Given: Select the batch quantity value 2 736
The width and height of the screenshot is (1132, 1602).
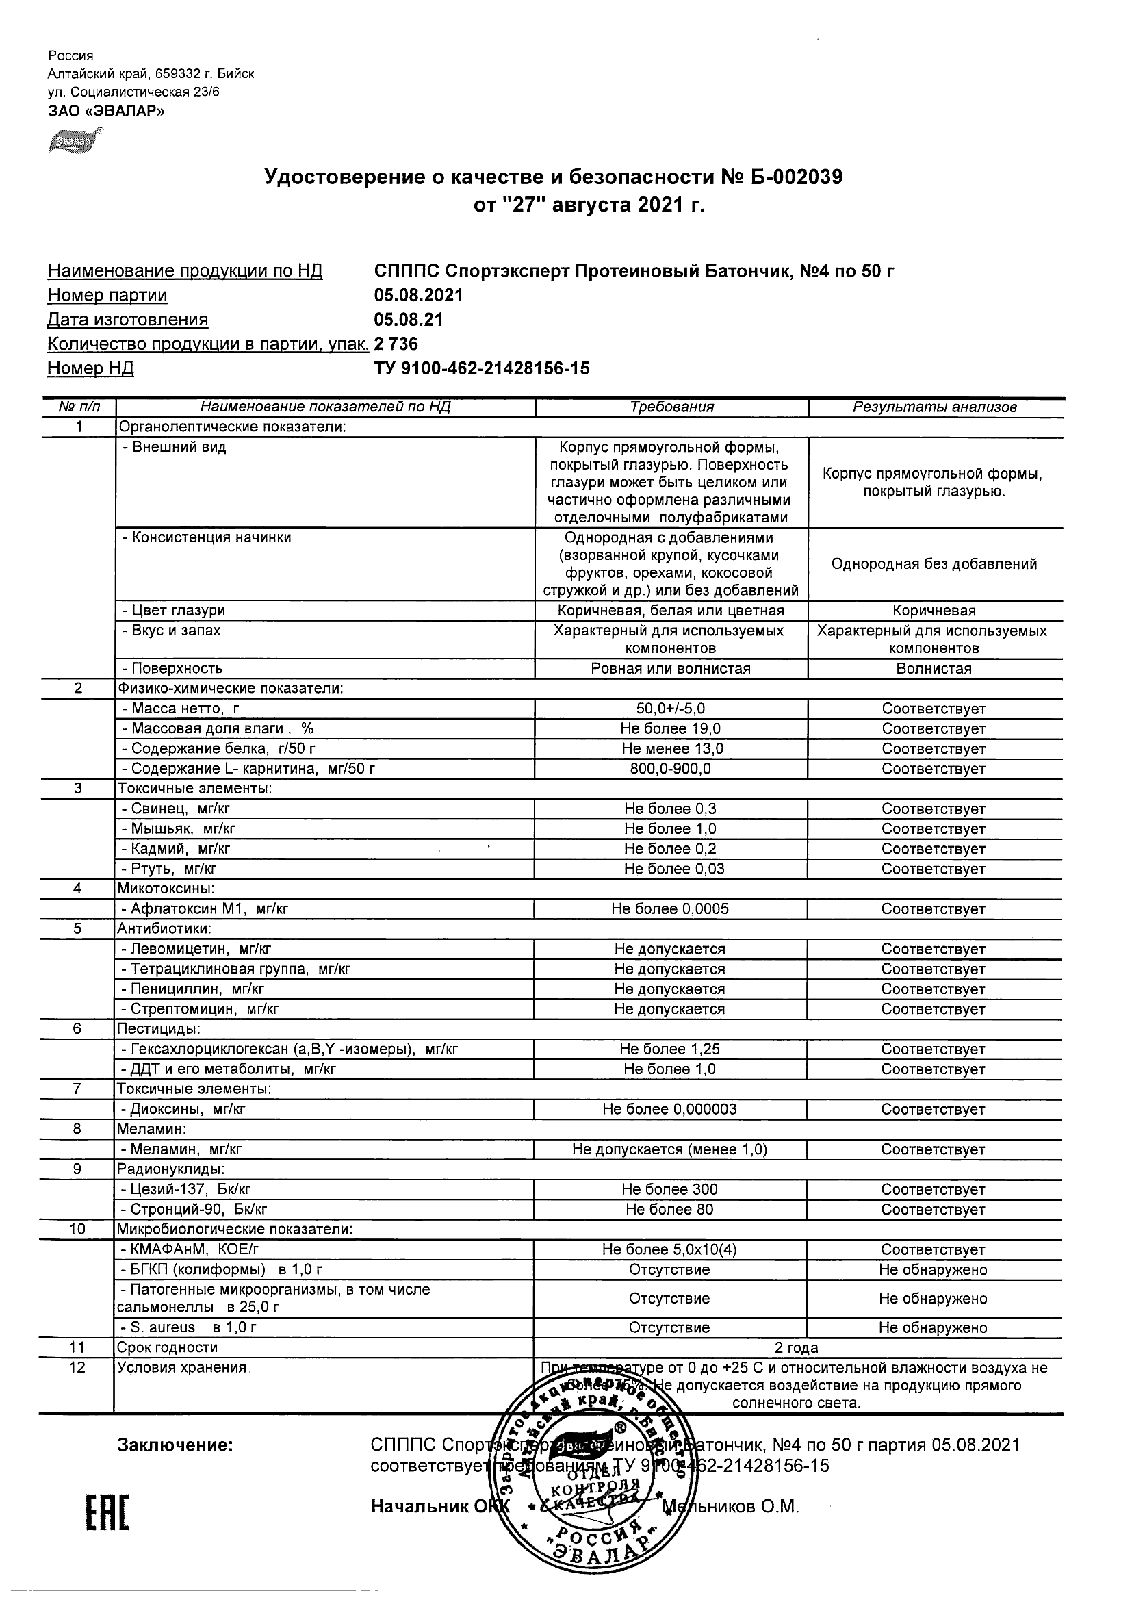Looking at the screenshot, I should (396, 344).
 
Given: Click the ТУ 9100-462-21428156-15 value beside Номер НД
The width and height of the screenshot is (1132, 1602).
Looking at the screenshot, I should (481, 368).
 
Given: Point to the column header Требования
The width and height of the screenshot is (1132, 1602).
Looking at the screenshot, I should (671, 407).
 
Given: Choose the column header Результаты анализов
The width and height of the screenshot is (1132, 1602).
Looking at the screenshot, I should (935, 407).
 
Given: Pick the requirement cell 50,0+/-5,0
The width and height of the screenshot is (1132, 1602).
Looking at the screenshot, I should (671, 709).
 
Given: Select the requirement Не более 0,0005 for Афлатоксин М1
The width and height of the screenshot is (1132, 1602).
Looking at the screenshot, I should (670, 909).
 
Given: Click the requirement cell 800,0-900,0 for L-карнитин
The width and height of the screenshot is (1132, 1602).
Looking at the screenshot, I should (670, 769).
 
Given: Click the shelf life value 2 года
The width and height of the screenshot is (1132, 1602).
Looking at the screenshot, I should (797, 1348).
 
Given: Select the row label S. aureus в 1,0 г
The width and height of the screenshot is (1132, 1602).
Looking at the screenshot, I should (189, 1327).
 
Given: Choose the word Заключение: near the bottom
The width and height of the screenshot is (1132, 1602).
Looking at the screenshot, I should (175, 1445).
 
